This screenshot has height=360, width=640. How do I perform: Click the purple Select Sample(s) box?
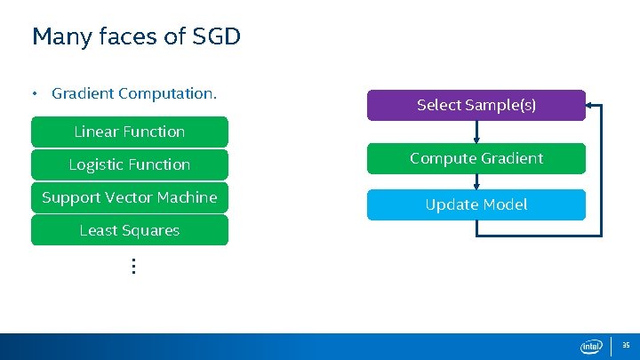point(476,105)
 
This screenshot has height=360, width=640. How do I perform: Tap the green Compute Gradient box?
point(476,158)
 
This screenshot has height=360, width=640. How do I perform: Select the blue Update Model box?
point(476,204)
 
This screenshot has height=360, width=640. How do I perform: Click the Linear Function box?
point(130,132)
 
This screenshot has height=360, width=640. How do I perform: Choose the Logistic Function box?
point(130,164)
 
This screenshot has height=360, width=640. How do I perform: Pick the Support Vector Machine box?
point(130,197)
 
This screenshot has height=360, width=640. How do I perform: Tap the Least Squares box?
point(130,230)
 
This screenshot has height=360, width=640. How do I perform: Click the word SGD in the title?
point(214,36)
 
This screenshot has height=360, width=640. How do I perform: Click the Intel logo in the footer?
point(591,346)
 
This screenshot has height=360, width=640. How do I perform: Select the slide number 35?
point(626,345)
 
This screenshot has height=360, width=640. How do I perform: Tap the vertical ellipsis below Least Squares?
point(132,265)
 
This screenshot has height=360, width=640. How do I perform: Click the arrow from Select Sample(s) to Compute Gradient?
point(477,132)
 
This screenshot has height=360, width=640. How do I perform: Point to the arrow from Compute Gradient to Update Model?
point(477,181)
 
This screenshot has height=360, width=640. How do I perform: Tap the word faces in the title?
point(124,36)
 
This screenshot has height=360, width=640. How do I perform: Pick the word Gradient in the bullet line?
point(83,92)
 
